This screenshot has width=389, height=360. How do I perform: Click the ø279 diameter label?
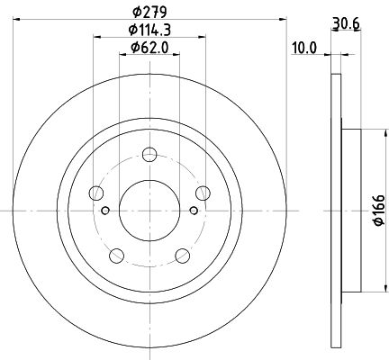(149, 12)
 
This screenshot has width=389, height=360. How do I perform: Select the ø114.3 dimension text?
(149, 30)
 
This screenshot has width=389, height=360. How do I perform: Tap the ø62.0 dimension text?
(149, 48)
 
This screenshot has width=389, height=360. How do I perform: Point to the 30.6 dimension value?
(346, 23)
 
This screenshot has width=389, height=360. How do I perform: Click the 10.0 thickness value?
(304, 48)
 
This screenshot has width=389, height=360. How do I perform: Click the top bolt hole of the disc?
(149, 155)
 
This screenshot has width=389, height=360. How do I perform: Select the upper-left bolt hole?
(96, 193)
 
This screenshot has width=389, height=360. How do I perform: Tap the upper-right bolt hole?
(203, 193)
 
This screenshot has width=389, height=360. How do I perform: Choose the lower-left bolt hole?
(117, 256)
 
